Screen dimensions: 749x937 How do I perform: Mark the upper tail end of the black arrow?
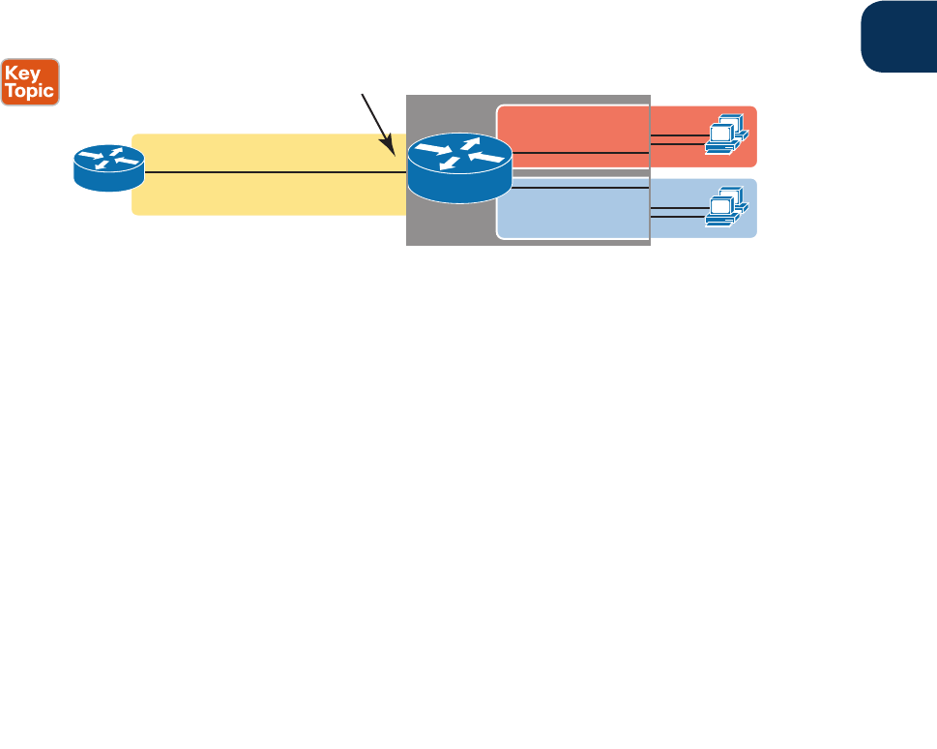[363, 94]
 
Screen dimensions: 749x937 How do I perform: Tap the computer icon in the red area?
[724, 135]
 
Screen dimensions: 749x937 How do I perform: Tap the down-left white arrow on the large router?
[448, 165]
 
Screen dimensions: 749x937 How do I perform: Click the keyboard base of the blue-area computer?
[720, 221]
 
